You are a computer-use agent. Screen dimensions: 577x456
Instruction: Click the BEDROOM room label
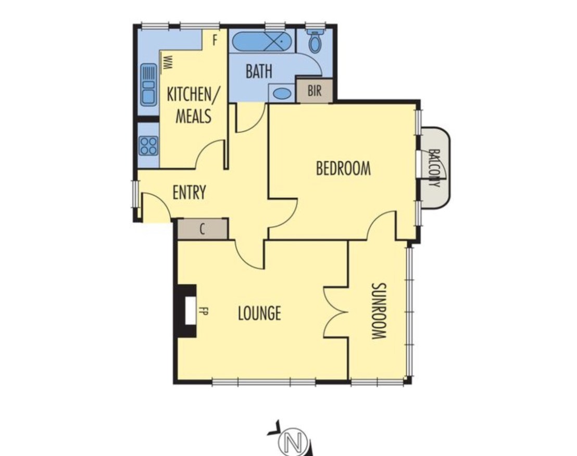point(343,169)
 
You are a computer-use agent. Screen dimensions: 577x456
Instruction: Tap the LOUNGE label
point(259,313)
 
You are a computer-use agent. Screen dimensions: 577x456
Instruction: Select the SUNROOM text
point(379,311)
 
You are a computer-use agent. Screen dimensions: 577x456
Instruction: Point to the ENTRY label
point(189,192)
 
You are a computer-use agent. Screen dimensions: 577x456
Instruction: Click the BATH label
point(259,71)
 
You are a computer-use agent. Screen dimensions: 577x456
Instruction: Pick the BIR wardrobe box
point(315,91)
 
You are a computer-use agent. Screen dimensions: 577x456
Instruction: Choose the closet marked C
point(203,229)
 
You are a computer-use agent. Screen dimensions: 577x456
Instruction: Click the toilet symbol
point(315,41)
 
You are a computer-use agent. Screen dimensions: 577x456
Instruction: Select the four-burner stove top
point(149,145)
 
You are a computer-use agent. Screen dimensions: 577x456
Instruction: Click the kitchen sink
point(148,84)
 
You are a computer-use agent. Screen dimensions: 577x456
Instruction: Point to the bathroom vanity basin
point(282,93)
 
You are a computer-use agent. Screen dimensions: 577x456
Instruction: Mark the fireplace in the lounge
point(187,311)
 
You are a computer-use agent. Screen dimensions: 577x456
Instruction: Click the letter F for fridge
point(215,41)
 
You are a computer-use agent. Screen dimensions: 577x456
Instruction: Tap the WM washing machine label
point(168,62)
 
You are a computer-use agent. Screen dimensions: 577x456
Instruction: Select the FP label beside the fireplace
point(203,311)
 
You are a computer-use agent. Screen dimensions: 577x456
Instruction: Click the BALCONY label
point(435,168)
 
